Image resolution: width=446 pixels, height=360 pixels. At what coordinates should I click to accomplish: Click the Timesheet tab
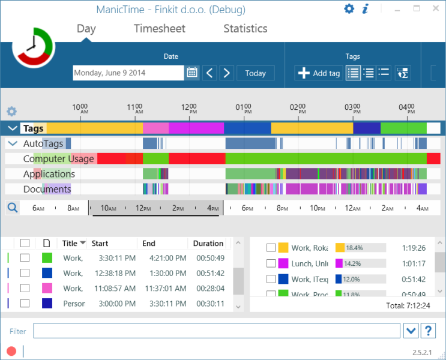point(159,29)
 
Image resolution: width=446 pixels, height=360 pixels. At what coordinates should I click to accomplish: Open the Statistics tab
point(245,29)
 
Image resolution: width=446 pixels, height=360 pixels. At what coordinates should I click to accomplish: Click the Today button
point(255,73)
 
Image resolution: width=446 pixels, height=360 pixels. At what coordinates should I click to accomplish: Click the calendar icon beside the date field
point(192,73)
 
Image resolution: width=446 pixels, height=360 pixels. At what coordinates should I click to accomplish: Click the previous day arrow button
point(209,73)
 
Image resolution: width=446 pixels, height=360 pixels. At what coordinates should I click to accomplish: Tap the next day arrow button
point(226,73)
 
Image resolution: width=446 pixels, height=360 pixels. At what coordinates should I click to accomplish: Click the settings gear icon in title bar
point(349,8)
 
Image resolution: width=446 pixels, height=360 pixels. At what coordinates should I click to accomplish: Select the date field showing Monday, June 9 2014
point(128,73)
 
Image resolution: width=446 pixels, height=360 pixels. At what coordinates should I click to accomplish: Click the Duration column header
point(208,244)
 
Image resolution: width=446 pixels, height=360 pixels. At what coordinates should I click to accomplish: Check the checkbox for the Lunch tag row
point(271,263)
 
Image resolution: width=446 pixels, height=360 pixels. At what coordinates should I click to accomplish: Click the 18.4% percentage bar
point(360,248)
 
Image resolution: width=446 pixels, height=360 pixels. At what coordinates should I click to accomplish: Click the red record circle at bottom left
point(11,351)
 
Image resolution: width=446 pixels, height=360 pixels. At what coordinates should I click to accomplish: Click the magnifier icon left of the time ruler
point(12,208)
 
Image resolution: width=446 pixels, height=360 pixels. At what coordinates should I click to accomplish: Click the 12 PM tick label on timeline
point(189,109)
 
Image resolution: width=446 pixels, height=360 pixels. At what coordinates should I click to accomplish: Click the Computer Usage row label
point(58,158)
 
